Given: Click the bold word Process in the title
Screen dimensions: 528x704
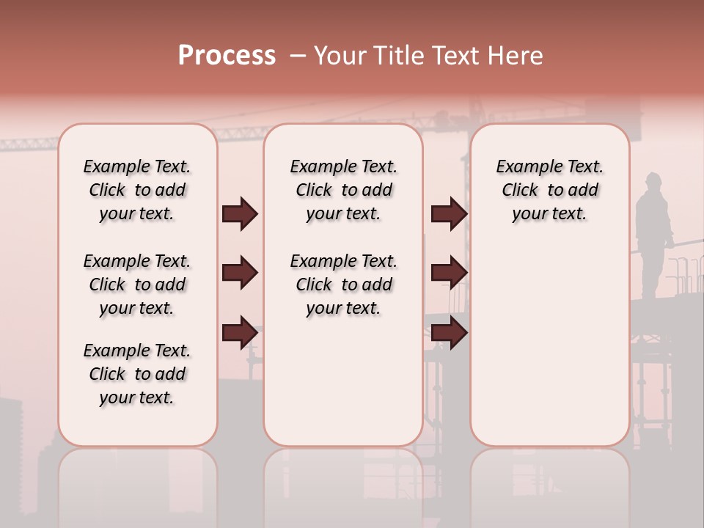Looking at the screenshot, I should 227,56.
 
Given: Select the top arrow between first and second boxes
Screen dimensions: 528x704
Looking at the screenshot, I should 240,213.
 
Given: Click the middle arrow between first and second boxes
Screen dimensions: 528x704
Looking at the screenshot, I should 240,273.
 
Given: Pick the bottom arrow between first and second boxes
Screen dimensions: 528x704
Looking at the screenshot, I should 240,332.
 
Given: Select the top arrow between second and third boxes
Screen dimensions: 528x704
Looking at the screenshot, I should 449,213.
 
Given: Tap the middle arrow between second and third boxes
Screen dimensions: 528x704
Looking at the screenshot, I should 449,273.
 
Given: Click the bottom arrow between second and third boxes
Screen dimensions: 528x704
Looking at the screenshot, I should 449,332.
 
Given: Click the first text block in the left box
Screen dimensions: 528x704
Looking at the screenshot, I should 137,190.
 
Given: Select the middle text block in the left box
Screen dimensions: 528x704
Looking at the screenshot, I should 137,285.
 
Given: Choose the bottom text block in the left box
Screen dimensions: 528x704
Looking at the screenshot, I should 137,374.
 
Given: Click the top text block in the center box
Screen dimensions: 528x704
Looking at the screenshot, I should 343,190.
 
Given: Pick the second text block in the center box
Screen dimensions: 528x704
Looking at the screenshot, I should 343,285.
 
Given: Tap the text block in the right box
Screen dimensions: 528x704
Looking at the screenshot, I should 549,190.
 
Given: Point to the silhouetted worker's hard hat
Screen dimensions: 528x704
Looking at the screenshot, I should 653,178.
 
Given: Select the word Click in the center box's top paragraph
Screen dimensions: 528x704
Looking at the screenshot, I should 314,191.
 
